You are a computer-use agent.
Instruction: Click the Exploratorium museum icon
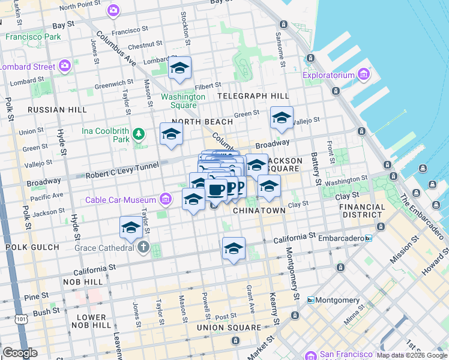363,74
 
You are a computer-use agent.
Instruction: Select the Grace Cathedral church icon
143,247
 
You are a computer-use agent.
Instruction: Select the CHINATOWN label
259,211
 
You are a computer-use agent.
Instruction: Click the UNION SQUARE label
229,328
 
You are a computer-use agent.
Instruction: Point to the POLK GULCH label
32,247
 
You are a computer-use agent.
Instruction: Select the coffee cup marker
215,189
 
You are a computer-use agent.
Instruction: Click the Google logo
20,353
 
